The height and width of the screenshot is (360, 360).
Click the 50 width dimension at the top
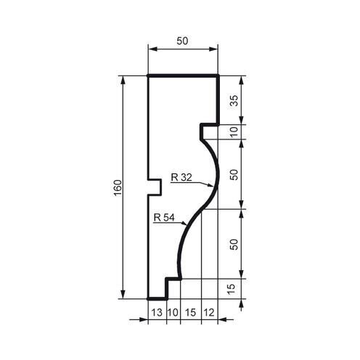[182, 41]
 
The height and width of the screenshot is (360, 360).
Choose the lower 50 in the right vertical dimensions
[234, 244]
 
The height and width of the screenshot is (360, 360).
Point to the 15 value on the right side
[234, 287]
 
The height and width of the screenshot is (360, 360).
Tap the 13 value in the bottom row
[156, 313]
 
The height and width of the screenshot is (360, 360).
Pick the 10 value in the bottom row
[172, 313]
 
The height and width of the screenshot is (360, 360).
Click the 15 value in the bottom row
[190, 313]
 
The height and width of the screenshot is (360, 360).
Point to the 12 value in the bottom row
[210, 313]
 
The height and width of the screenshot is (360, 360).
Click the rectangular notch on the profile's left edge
[155, 187]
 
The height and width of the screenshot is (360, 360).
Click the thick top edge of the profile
[183, 75]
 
